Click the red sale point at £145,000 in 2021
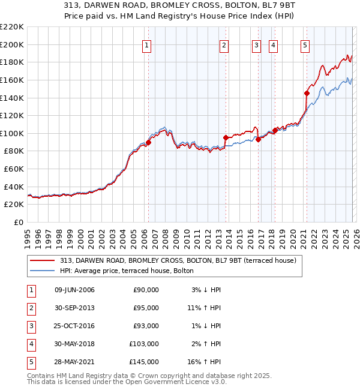coord(307,93)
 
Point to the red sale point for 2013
coord(225,137)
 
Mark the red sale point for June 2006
coord(148,142)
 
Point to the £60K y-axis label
coord(13,169)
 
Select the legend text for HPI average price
coord(126,271)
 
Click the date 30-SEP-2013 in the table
coord(74,308)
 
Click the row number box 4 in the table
coord(30,344)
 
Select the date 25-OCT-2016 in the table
coord(74,326)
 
